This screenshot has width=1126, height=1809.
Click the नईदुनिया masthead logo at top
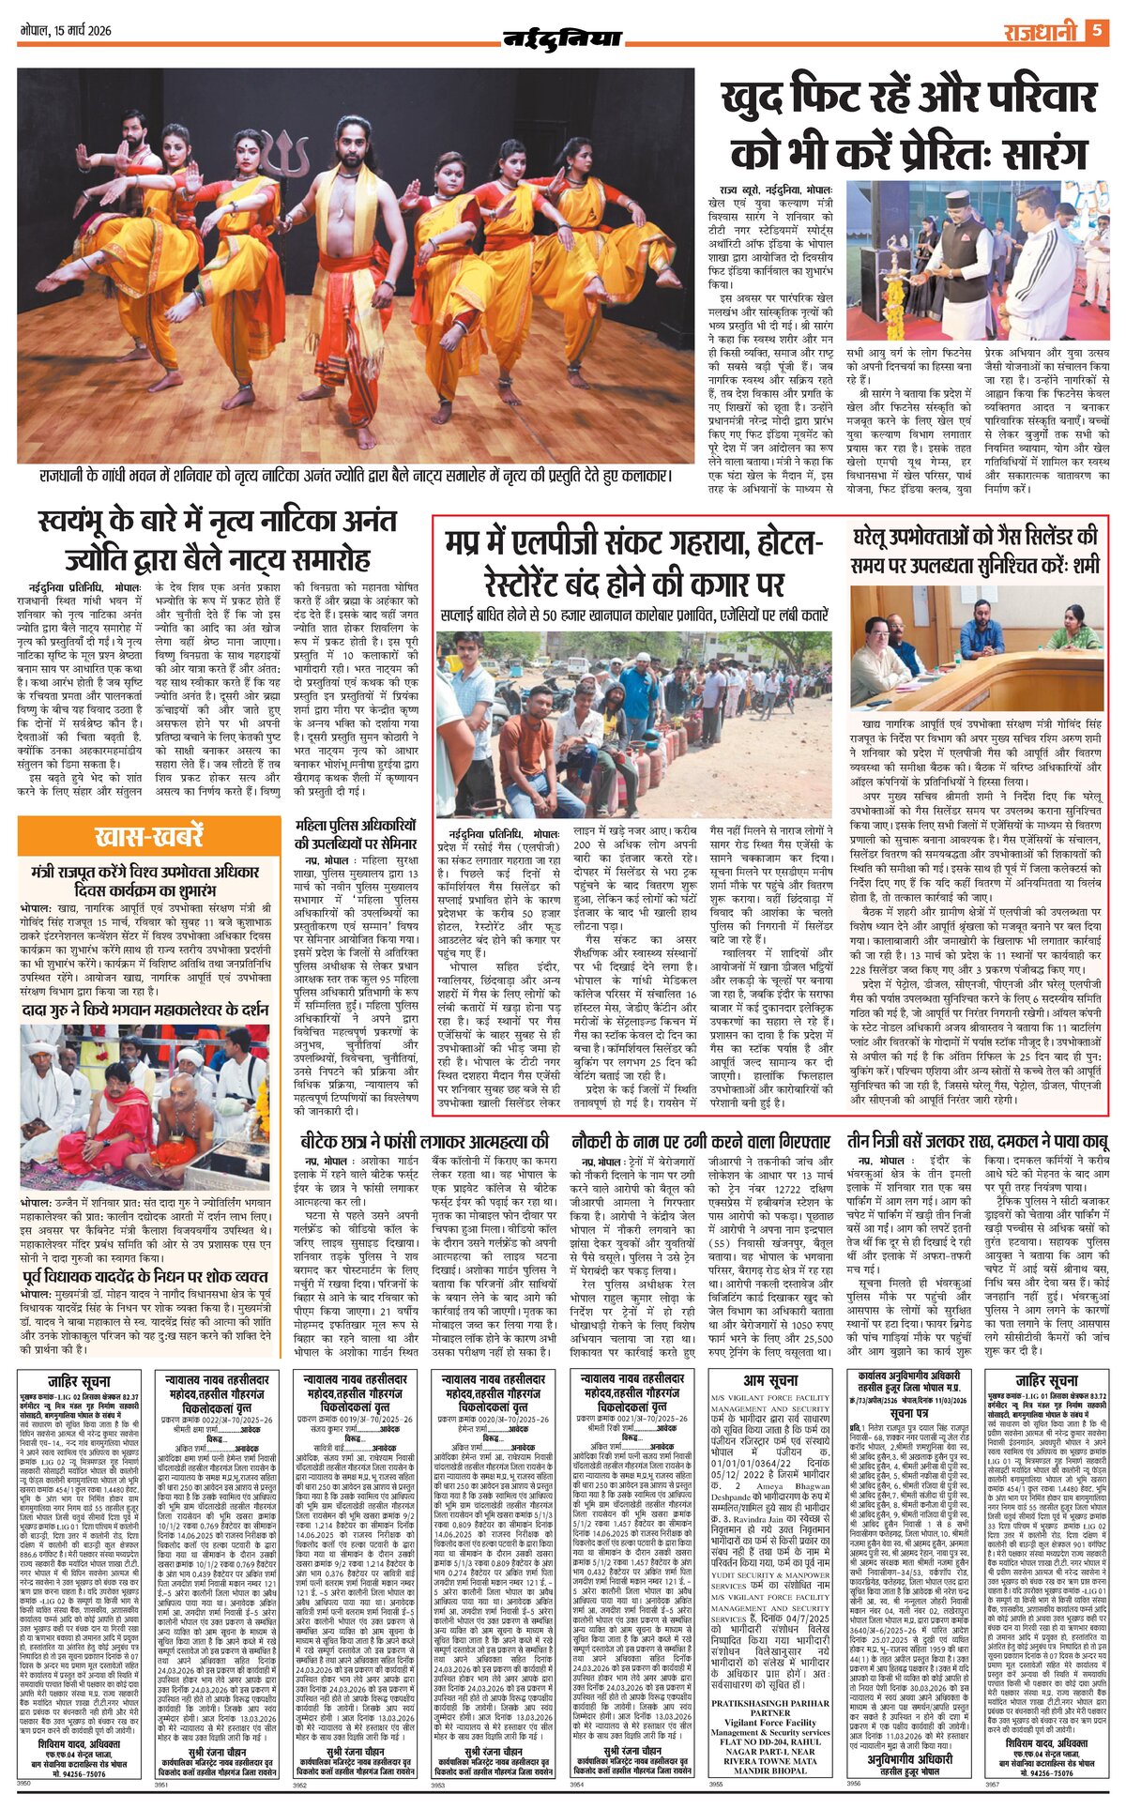tap(562, 38)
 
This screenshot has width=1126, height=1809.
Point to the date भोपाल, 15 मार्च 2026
tap(66, 31)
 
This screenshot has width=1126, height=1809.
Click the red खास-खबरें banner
tap(148, 836)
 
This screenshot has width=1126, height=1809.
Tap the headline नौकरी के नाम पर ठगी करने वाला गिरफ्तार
tap(701, 1142)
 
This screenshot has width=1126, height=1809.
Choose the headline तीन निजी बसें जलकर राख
tap(976, 1142)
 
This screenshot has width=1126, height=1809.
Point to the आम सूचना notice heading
tap(770, 1381)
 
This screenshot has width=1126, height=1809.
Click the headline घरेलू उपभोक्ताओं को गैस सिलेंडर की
tap(976, 552)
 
